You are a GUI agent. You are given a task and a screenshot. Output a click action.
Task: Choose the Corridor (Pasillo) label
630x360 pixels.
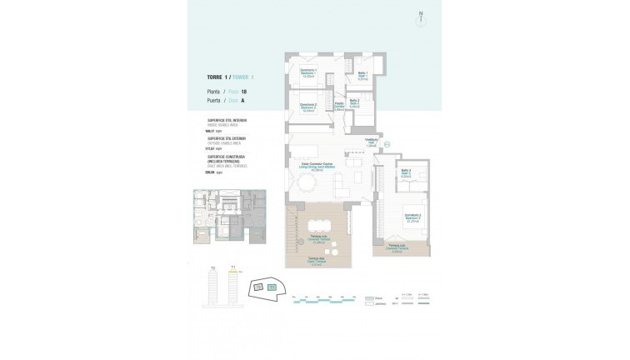(340, 106)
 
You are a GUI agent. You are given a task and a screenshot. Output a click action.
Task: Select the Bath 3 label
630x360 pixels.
(405, 175)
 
